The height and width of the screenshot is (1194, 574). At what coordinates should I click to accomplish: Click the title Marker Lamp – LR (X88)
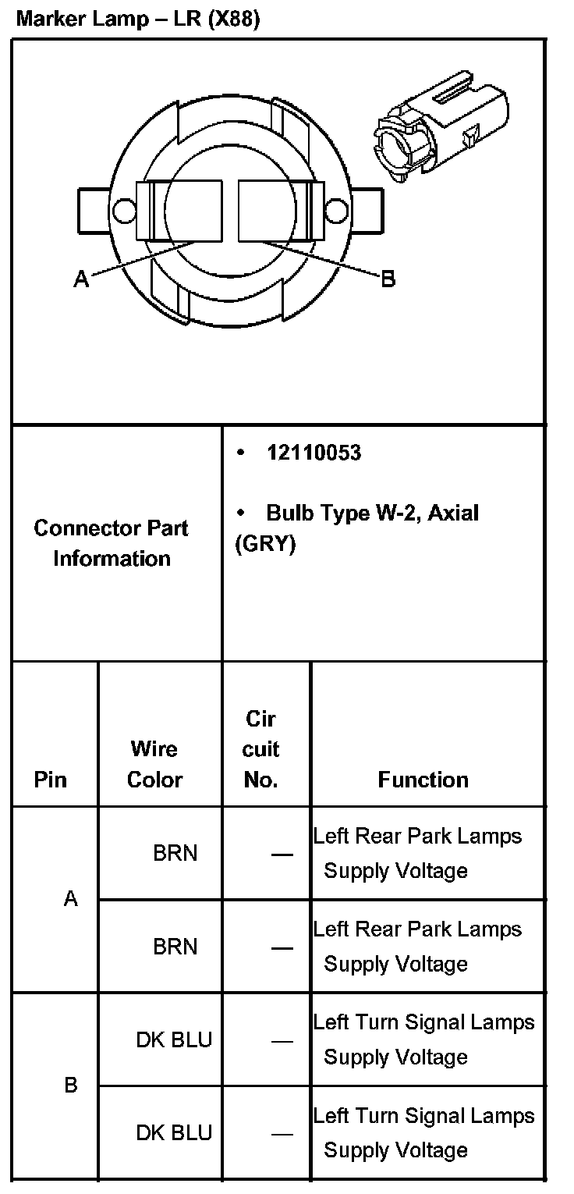pyautogui.click(x=137, y=20)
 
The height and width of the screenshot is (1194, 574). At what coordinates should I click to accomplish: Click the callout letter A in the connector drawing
pyautogui.click(x=81, y=278)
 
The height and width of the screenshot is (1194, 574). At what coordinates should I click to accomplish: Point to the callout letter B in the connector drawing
pyautogui.click(x=388, y=279)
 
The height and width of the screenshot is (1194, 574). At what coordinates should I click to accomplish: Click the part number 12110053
pyautogui.click(x=314, y=453)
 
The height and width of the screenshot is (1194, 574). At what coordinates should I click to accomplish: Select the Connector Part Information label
pyautogui.click(x=112, y=543)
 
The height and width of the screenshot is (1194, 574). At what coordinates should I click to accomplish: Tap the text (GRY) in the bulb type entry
pyautogui.click(x=266, y=544)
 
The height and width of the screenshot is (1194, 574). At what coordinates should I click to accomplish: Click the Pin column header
pyautogui.click(x=51, y=780)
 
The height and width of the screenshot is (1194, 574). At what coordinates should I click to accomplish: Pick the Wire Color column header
pyautogui.click(x=154, y=764)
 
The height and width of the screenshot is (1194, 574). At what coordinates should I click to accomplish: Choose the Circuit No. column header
pyautogui.click(x=260, y=749)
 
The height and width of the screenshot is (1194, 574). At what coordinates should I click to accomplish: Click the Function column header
pyautogui.click(x=423, y=780)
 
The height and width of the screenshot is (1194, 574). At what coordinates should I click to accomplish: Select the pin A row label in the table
pyautogui.click(x=71, y=899)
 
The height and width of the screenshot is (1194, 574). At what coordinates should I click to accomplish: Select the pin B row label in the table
pyautogui.click(x=71, y=1086)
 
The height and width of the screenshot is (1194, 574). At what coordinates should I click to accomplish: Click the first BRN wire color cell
pyautogui.click(x=175, y=853)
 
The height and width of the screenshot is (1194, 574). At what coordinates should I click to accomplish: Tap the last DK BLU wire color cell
pyautogui.click(x=174, y=1132)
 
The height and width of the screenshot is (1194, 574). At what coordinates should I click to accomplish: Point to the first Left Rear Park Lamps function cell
pyautogui.click(x=417, y=853)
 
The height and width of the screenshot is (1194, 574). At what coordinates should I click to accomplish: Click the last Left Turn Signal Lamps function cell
pyautogui.click(x=423, y=1132)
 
